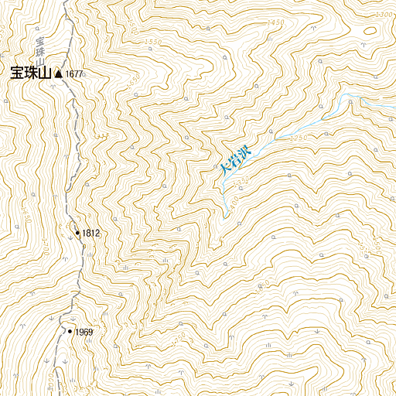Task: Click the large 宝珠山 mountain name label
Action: coord(29,73)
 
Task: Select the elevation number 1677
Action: coord(74,74)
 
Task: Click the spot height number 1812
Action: coord(91,233)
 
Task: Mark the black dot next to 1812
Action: coord(77,232)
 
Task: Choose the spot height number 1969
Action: coord(84,333)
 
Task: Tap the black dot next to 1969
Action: coord(70,332)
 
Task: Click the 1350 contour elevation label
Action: coord(242,180)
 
